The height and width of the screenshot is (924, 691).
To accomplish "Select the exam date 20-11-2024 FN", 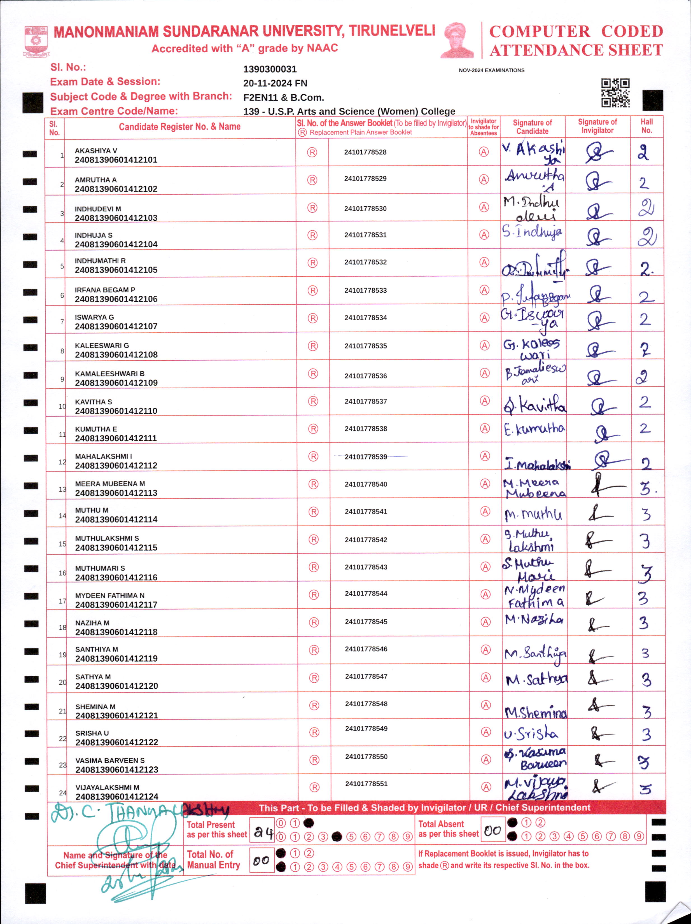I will click(x=275, y=83).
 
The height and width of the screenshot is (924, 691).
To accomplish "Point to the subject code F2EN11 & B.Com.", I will click(x=283, y=98).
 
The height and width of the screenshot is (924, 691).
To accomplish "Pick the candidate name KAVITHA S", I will click(x=93, y=402).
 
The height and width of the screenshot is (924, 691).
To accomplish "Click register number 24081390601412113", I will click(x=116, y=493).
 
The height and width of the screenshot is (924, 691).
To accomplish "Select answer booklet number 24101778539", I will click(x=366, y=457).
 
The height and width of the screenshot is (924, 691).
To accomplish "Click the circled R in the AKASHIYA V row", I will click(x=312, y=153).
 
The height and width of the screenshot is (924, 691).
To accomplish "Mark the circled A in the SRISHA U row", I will click(x=485, y=732).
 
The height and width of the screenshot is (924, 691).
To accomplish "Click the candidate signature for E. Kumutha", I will click(x=534, y=429).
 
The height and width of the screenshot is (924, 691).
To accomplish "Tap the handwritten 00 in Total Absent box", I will click(x=492, y=831).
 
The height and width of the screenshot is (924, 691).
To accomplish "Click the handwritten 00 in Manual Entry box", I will click(x=261, y=860).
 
